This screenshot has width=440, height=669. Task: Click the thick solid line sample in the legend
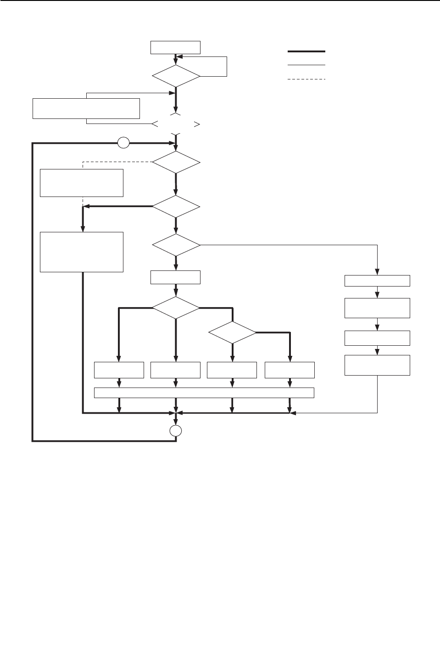pos(306,51)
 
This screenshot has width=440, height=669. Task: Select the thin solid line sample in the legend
pos(306,65)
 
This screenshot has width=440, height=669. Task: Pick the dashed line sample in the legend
pos(306,79)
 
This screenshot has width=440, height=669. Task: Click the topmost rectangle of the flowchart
pos(176,48)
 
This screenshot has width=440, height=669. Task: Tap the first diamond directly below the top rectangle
pos(176,75)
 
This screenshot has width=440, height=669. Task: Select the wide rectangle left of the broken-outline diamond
pos(86,108)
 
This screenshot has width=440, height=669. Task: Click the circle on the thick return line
pos(123,143)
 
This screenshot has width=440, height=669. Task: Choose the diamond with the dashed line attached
pos(176,162)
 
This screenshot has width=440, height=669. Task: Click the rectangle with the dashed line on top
pos(82,183)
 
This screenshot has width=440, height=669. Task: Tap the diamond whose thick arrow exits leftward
pos(176,207)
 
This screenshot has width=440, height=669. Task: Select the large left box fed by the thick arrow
pos(82,252)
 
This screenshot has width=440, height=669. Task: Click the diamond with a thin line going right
pos(176,245)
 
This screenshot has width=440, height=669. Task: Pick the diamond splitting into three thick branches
pos(176,307)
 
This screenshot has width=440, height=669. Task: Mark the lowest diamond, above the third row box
pos(233,332)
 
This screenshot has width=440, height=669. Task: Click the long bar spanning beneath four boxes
pos(204,393)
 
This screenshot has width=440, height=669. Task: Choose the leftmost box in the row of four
pos(119,370)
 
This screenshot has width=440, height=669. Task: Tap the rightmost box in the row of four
pos(290,370)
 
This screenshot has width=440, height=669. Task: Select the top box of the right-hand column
pos(377,281)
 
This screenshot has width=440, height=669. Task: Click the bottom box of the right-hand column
pos(377,365)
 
